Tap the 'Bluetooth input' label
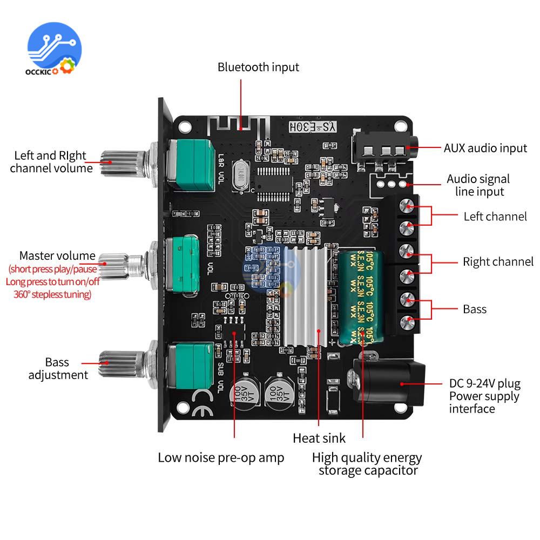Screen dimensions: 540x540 coord(258,67)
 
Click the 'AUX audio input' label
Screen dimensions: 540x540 coord(485,147)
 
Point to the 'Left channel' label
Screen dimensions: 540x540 coord(495,217)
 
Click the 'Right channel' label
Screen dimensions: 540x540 coord(498,262)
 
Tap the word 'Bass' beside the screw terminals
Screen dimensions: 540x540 coord(475,309)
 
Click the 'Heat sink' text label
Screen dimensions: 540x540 coord(319,438)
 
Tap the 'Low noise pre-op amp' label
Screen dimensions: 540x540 coord(221,458)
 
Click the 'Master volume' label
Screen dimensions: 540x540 coord(57,255)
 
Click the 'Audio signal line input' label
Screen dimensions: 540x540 coord(478,185)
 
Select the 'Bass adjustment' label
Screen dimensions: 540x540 coord(58,368)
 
